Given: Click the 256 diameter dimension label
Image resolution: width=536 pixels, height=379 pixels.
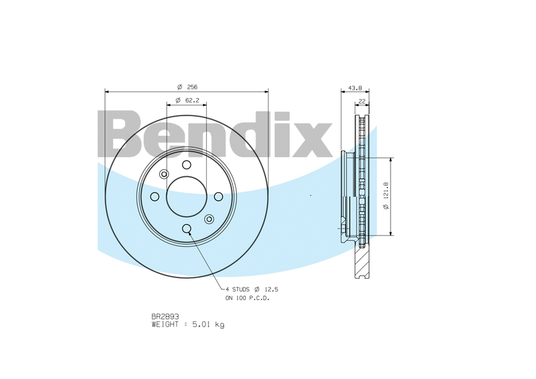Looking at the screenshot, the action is click(x=187, y=87).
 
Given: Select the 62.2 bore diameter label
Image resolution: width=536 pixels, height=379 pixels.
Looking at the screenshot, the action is click(x=187, y=100).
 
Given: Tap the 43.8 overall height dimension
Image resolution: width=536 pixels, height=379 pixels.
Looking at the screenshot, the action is click(x=355, y=88).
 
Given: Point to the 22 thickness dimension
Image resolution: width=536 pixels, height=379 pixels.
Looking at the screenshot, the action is click(x=362, y=101).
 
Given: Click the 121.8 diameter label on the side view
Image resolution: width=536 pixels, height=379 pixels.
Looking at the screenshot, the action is click(x=386, y=196).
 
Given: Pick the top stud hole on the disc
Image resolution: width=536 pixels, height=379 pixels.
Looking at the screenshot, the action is click(x=186, y=165).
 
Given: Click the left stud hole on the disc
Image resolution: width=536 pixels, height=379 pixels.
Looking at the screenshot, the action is click(x=154, y=196).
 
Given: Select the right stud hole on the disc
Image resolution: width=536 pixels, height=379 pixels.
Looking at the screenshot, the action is click(x=219, y=196).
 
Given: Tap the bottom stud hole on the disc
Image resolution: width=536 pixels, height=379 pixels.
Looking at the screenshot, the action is click(x=186, y=228).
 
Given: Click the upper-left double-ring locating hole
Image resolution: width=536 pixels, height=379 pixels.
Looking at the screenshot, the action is click(x=164, y=174).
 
